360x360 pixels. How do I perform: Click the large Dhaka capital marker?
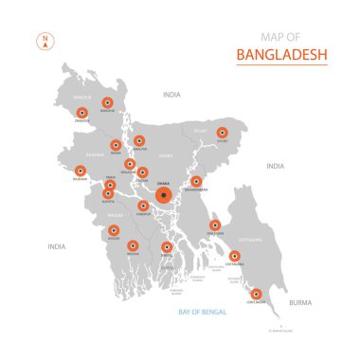(165, 196)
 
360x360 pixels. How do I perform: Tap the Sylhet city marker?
(223, 134)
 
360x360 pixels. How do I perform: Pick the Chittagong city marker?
(234, 255)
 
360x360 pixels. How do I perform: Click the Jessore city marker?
(114, 230)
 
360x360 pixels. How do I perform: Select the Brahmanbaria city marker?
(196, 181)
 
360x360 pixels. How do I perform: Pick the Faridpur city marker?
(141, 206)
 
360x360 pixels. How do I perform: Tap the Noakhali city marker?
(215, 225)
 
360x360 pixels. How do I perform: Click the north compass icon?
(44, 41)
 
